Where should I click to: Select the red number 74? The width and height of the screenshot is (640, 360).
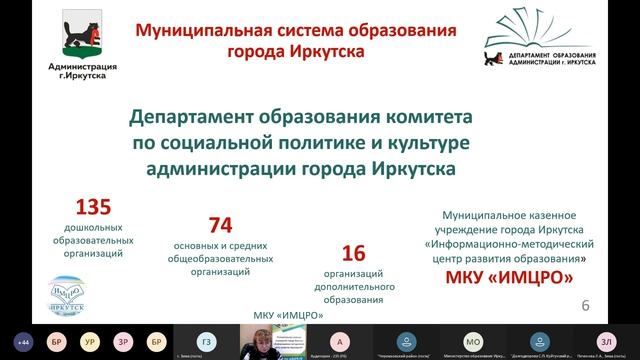(220, 225)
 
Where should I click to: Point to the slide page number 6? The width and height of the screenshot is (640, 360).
(586, 304)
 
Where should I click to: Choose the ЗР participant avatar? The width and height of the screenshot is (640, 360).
(122, 338)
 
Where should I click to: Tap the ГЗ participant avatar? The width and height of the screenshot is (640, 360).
(205, 338)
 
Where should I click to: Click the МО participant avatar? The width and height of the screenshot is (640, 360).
(474, 338)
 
